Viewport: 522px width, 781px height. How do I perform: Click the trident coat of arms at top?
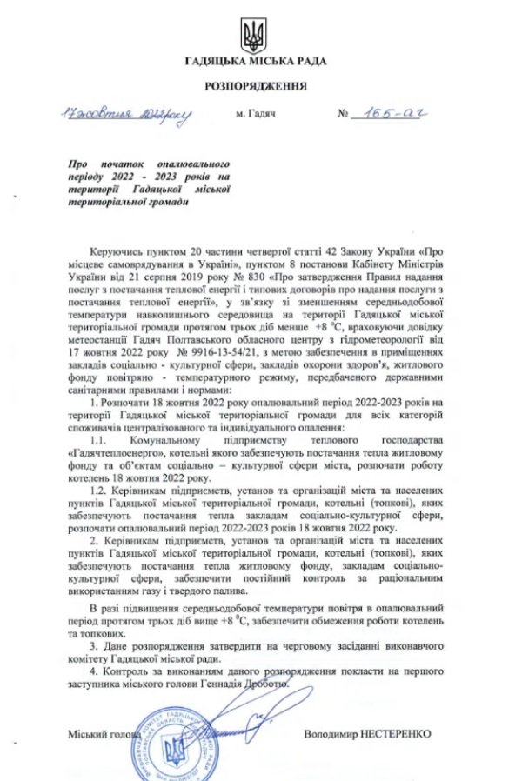(255, 35)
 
